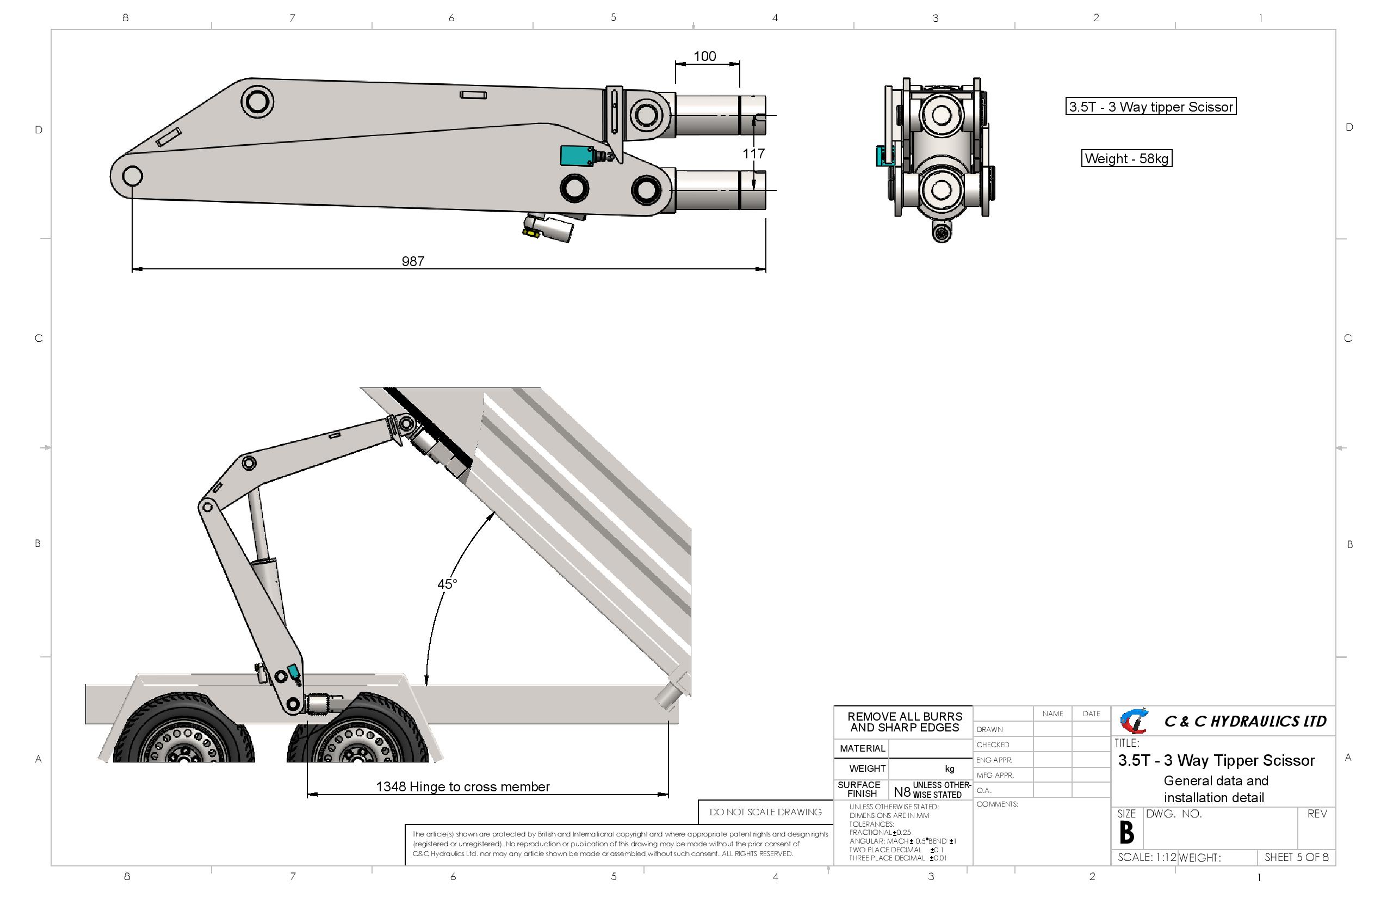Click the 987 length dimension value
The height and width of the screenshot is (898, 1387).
pos(413,261)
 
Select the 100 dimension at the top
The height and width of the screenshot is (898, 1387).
pos(704,56)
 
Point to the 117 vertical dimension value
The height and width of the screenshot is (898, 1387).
pos(753,153)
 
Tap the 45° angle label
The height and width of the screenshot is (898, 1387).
pos(447,583)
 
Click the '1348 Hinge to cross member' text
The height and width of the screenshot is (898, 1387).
pos(463,786)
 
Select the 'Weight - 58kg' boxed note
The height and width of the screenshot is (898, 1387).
pos(1126,158)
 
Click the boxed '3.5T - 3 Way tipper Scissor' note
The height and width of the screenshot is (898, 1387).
pos(1150,107)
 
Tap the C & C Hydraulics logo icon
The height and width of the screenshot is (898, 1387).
pos(1134,721)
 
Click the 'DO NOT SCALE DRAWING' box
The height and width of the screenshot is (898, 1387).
pos(766,811)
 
